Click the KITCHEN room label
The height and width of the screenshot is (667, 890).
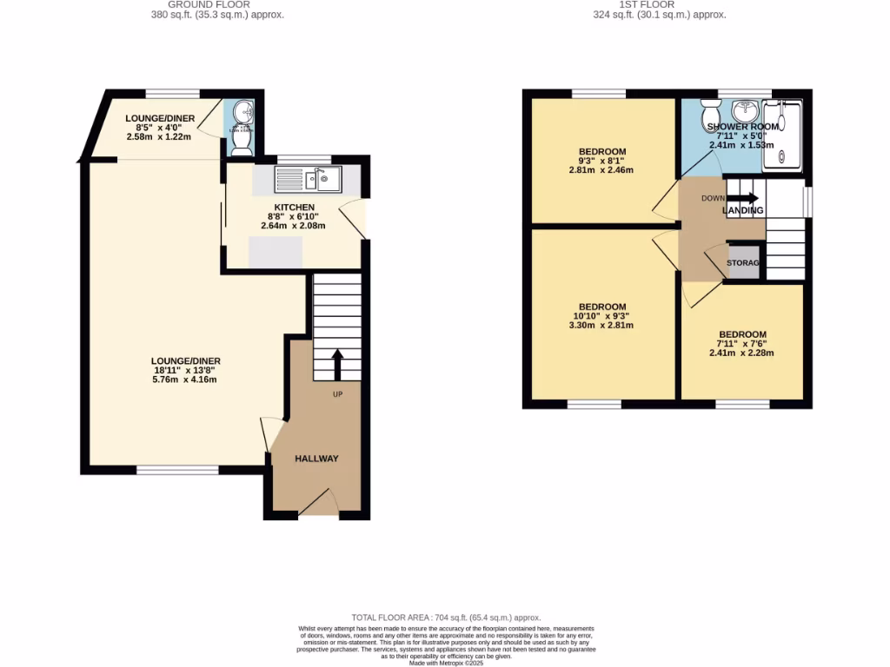pos(293,208)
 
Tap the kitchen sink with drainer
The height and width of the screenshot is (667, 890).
pos(309,180)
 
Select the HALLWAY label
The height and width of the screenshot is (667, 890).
pos(316,459)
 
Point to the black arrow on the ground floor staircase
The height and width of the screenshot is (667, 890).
pos(336,364)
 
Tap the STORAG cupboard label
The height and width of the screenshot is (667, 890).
pos(743,263)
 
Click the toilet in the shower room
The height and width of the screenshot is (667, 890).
pos(710,113)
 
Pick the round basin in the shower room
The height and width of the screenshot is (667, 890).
pos(745,111)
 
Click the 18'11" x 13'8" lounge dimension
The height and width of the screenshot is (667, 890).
pos(184,370)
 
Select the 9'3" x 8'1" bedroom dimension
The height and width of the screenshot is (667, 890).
pos(602,161)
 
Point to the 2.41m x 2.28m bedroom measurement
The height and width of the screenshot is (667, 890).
pos(741,353)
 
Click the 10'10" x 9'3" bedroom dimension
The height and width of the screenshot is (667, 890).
pos(602,316)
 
